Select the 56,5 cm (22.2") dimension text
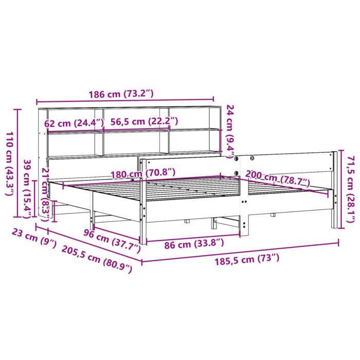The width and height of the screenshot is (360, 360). (x=145, y=121)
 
